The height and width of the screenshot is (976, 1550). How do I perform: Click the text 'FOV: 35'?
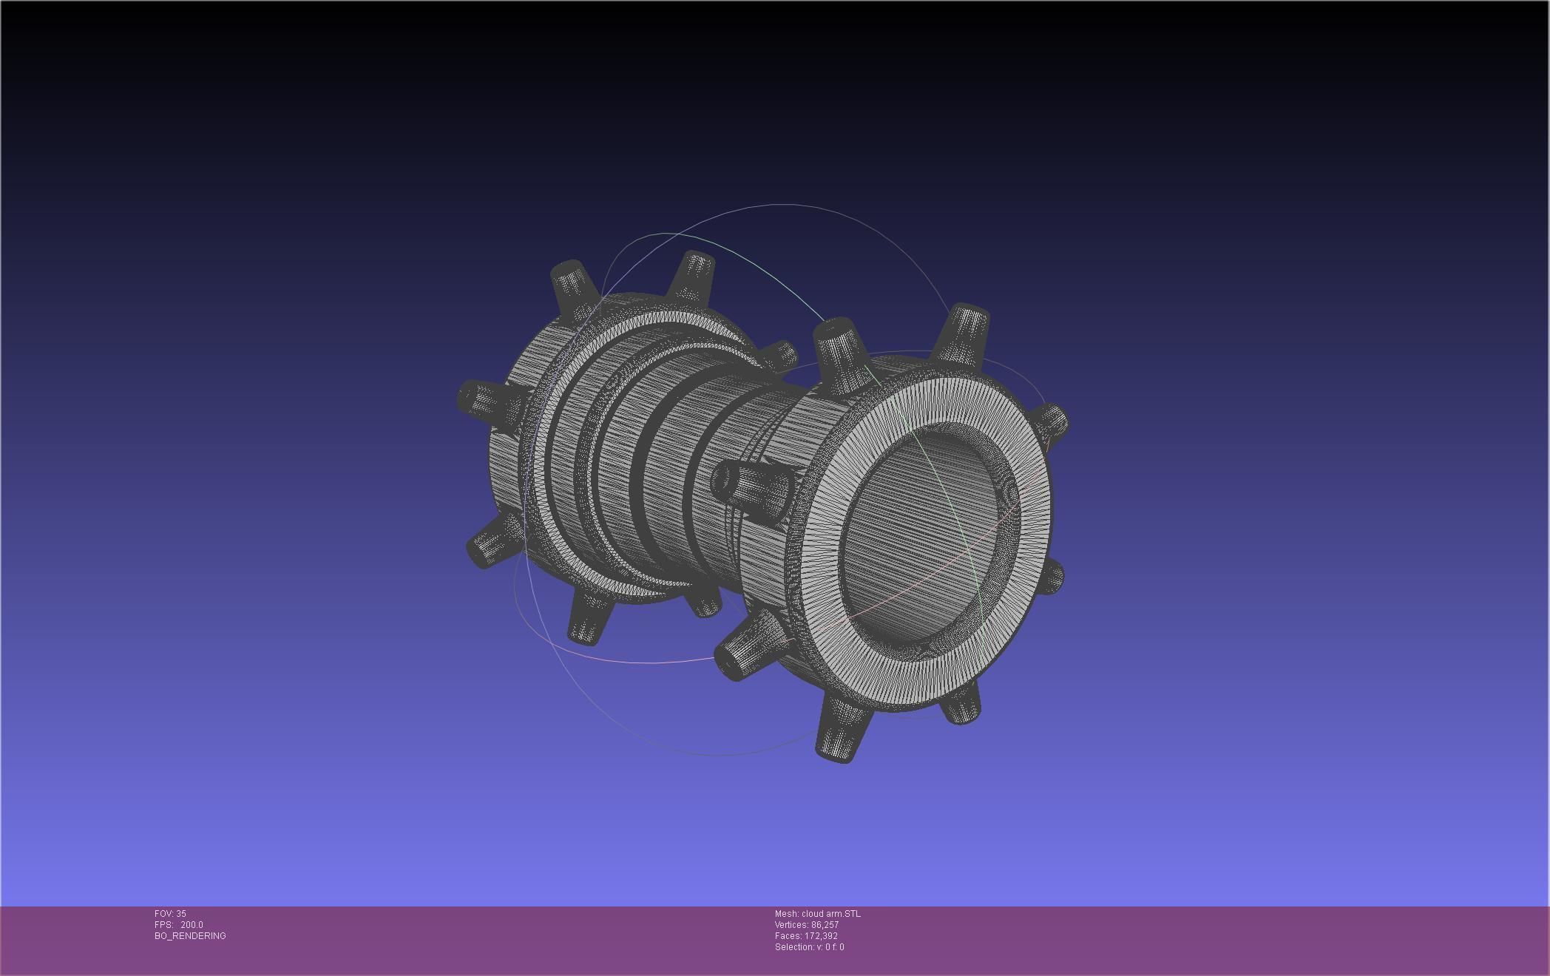click(170, 914)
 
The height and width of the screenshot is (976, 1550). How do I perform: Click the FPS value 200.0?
click(192, 925)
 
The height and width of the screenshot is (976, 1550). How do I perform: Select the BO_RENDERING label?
click(190, 936)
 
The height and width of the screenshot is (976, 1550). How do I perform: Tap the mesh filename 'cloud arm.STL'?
click(830, 914)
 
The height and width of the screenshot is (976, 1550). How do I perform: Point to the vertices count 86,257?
click(825, 925)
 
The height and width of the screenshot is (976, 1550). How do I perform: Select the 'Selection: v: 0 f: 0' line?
click(809, 947)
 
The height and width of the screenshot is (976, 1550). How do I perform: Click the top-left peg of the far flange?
click(573, 285)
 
